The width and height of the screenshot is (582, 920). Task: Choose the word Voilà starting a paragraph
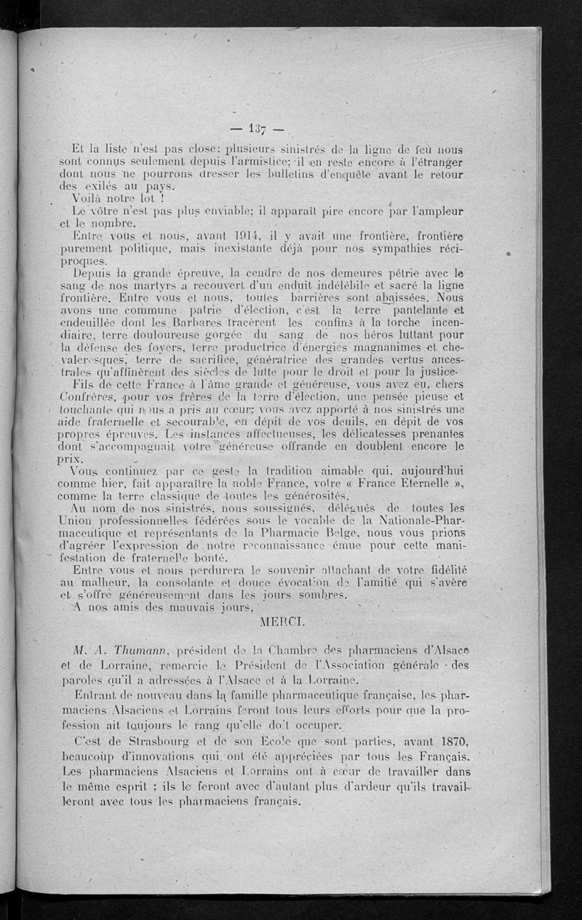click(89, 198)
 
